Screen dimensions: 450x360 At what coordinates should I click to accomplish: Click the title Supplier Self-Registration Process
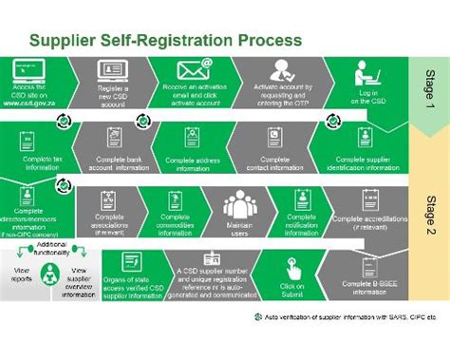pos(165,41)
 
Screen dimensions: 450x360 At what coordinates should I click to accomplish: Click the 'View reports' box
pos(23,278)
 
